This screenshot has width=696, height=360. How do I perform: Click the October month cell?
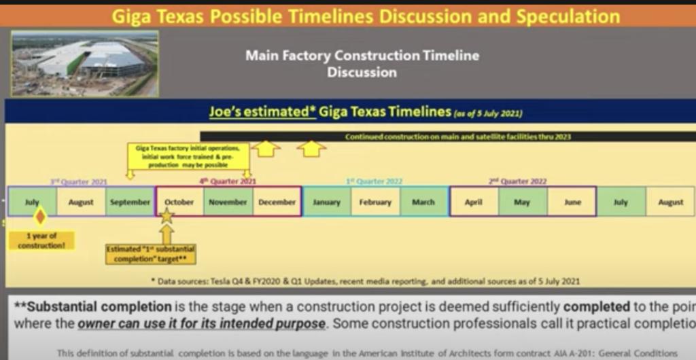tap(179, 202)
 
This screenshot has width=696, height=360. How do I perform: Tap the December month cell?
tap(277, 202)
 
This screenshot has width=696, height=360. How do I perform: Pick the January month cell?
tap(327, 202)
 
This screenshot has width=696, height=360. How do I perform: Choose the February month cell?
tap(375, 202)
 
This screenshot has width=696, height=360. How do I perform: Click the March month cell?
tap(423, 202)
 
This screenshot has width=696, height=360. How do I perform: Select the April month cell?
tap(474, 202)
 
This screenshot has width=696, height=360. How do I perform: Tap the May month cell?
tap(522, 202)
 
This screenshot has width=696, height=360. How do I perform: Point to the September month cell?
tap(130, 202)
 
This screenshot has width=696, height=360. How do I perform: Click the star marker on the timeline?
tap(167, 216)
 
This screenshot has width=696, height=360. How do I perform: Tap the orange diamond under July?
tap(40, 217)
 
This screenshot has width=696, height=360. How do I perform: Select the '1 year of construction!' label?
tap(32, 240)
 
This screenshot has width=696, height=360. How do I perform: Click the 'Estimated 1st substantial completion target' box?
tap(150, 254)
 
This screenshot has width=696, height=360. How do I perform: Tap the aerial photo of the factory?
tap(85, 63)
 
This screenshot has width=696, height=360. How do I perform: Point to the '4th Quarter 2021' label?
tap(228, 181)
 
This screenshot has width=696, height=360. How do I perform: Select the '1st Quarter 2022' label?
tap(375, 181)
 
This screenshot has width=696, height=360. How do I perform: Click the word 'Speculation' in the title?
tap(568, 16)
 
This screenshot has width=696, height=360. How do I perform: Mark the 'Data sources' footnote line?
tap(365, 281)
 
